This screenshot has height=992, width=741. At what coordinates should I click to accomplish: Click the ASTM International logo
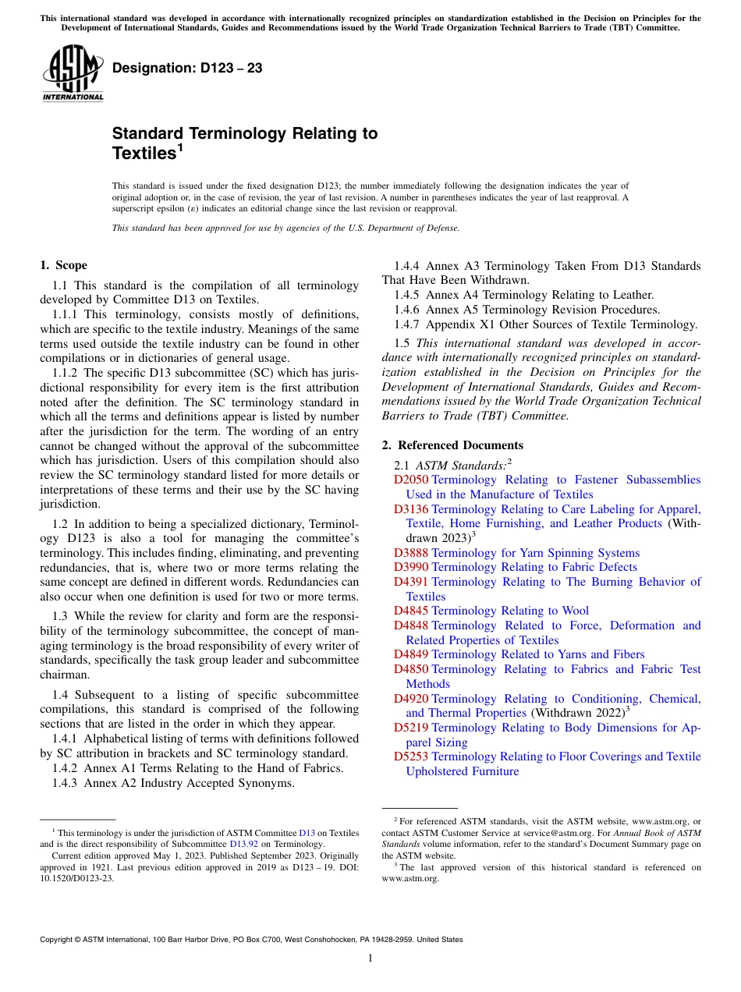coord(73,74)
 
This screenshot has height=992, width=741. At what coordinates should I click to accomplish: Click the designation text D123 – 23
coord(187,69)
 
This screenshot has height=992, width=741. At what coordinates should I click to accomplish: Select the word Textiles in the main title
coord(144,154)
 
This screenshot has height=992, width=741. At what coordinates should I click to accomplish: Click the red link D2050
coord(411,480)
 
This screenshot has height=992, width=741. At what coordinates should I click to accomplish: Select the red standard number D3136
coord(411,509)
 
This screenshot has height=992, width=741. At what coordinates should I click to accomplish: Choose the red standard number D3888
coord(411,553)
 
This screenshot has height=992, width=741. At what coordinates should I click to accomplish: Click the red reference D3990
coord(411,567)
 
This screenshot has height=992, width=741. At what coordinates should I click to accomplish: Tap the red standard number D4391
coord(411,582)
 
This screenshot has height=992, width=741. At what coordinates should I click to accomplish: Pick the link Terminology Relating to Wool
coord(510,611)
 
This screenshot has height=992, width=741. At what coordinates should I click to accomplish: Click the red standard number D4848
coord(411,625)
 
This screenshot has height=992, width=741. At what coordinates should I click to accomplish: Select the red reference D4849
coord(411,654)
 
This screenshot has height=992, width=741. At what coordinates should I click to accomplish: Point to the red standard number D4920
coord(411,699)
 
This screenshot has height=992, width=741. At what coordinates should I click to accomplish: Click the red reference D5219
coord(411,728)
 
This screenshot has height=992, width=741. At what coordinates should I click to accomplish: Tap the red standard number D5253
coord(411,756)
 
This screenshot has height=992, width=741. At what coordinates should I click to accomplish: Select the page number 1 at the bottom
coord(370,958)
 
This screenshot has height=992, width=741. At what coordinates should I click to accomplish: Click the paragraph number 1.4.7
coord(409,324)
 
